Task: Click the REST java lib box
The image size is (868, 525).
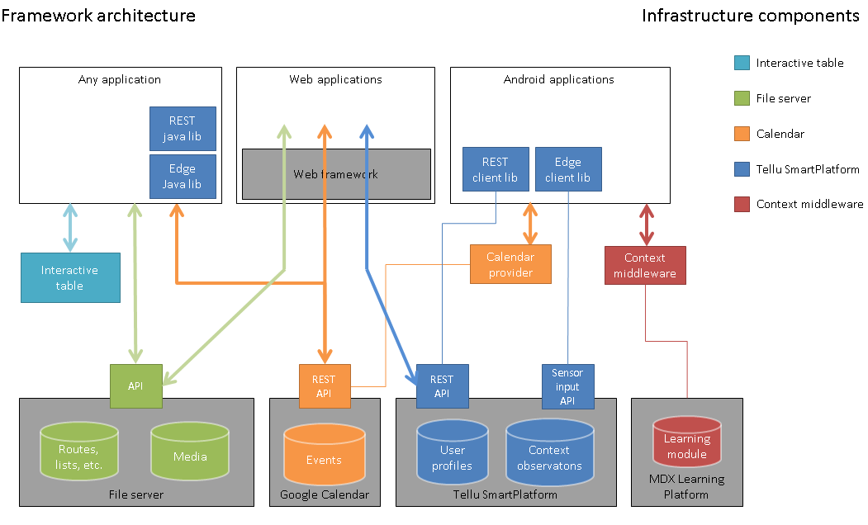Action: (183, 129)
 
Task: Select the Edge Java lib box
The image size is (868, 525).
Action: (183, 177)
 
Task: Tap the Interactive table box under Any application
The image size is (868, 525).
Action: (70, 277)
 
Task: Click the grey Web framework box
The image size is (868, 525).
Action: (337, 174)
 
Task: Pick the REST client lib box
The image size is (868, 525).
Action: (496, 169)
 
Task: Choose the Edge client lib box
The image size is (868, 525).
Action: (568, 169)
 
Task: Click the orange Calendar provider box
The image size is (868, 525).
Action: (510, 264)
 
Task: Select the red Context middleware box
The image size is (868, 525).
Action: (645, 266)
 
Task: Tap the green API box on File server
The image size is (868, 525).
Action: (136, 386)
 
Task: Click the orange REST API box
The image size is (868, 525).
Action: (325, 386)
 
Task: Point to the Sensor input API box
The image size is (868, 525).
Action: (568, 386)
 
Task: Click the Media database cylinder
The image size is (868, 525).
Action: (190, 451)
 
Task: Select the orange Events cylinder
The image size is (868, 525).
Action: (325, 454)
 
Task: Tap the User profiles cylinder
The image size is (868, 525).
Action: (453, 452)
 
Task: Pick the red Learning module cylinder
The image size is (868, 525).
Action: (687, 442)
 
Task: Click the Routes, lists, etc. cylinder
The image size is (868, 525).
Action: (79, 451)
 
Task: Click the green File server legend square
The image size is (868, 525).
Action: (742, 98)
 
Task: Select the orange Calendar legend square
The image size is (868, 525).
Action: (742, 134)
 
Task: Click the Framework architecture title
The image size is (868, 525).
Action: (98, 16)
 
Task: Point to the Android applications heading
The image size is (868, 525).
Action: (558, 80)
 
